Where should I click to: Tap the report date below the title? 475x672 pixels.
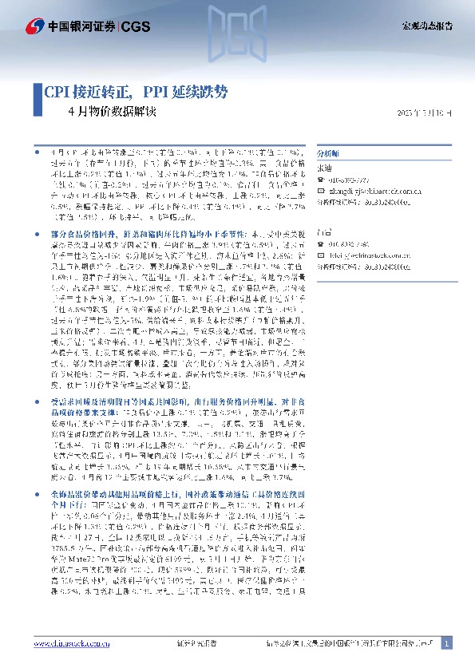click(x=424, y=113)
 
